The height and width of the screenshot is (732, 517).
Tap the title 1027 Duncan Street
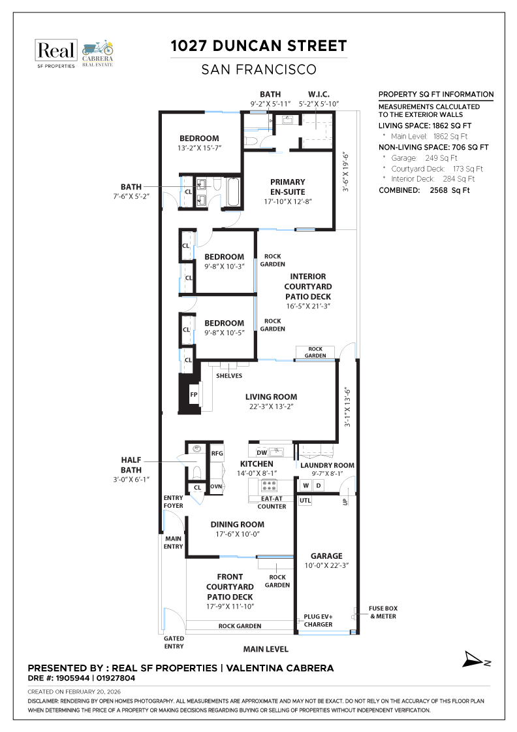point(258,46)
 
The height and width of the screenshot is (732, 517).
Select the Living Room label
point(271,397)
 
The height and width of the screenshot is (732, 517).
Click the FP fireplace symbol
point(194,395)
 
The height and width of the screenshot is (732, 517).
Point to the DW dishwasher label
point(262,452)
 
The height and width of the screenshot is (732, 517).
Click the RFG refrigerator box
point(217,452)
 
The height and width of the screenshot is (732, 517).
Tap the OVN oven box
point(217,486)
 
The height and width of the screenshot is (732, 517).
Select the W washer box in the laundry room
point(305,486)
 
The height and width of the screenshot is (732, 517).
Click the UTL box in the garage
point(305,501)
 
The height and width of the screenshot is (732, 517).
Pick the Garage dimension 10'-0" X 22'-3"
point(327,565)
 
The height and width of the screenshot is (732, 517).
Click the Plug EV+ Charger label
point(318,620)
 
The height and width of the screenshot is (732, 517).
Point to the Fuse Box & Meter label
point(383,612)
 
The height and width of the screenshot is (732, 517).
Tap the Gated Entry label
point(173,642)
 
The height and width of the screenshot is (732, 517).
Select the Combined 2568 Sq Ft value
point(450,190)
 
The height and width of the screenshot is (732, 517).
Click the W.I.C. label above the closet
point(319,94)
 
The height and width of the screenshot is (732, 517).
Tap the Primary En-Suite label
point(288,186)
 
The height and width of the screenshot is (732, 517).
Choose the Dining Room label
point(237,524)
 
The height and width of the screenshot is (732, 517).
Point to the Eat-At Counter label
point(272,502)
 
